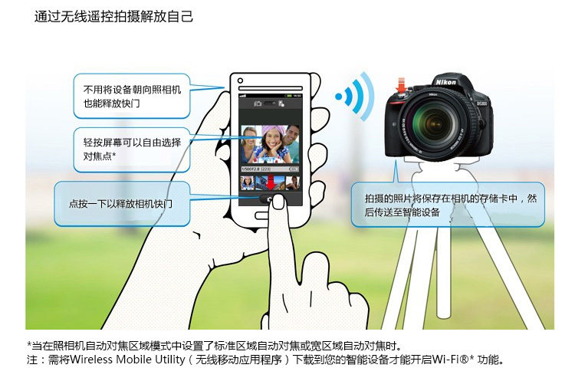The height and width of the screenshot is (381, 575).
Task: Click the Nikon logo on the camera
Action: [x=445, y=82]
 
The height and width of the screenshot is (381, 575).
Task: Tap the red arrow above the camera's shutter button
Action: [x=401, y=85]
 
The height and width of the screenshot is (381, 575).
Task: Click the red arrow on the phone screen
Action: [x=271, y=182]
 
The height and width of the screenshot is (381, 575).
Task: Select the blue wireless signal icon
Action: [x=355, y=97]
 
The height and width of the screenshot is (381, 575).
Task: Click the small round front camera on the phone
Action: [x=240, y=80]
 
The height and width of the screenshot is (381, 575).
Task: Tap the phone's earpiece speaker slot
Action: [x=271, y=88]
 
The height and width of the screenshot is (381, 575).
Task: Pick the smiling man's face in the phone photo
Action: [x=292, y=136]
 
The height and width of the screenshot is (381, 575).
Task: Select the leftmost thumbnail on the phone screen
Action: [x=247, y=182]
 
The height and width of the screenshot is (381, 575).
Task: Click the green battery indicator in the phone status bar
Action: [x=289, y=96]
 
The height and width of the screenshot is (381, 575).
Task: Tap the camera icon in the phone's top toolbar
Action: [x=258, y=103]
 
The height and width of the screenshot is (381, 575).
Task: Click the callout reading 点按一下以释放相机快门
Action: [x=122, y=203]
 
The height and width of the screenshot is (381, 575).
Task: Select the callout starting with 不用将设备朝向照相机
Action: [x=132, y=96]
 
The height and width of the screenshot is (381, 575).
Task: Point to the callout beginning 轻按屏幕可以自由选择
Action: [x=132, y=149]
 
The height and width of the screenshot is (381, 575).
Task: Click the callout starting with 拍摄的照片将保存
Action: [x=448, y=205]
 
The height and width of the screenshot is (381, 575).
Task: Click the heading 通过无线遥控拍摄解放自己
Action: [x=113, y=17]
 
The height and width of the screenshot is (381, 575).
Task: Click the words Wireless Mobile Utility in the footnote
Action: [x=127, y=360]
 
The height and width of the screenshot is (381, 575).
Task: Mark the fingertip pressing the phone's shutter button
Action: [x=278, y=202]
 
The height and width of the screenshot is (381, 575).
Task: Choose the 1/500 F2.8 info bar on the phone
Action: [x=270, y=169]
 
